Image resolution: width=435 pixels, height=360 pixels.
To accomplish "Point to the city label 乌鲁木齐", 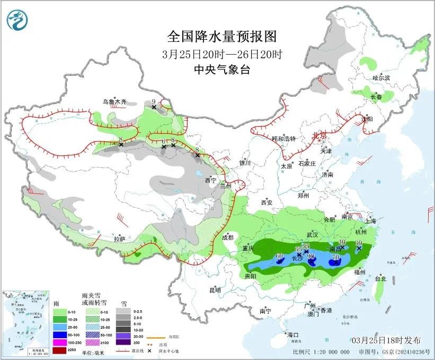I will click(x=115, y=101).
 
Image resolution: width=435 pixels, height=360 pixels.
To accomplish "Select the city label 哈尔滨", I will click(x=380, y=78).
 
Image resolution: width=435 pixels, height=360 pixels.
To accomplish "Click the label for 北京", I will click(x=319, y=135).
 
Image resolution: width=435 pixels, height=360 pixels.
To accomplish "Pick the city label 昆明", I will click(x=215, y=290).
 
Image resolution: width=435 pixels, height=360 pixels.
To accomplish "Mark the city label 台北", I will click(x=380, y=278).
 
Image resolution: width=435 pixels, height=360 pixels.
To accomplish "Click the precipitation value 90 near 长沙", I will click(x=311, y=257).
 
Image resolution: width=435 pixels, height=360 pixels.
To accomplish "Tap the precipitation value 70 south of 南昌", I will click(x=335, y=257).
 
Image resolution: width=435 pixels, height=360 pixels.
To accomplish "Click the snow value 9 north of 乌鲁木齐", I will click(x=154, y=101).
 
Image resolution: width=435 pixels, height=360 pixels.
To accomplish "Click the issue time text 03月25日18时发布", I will click(x=387, y=339).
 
